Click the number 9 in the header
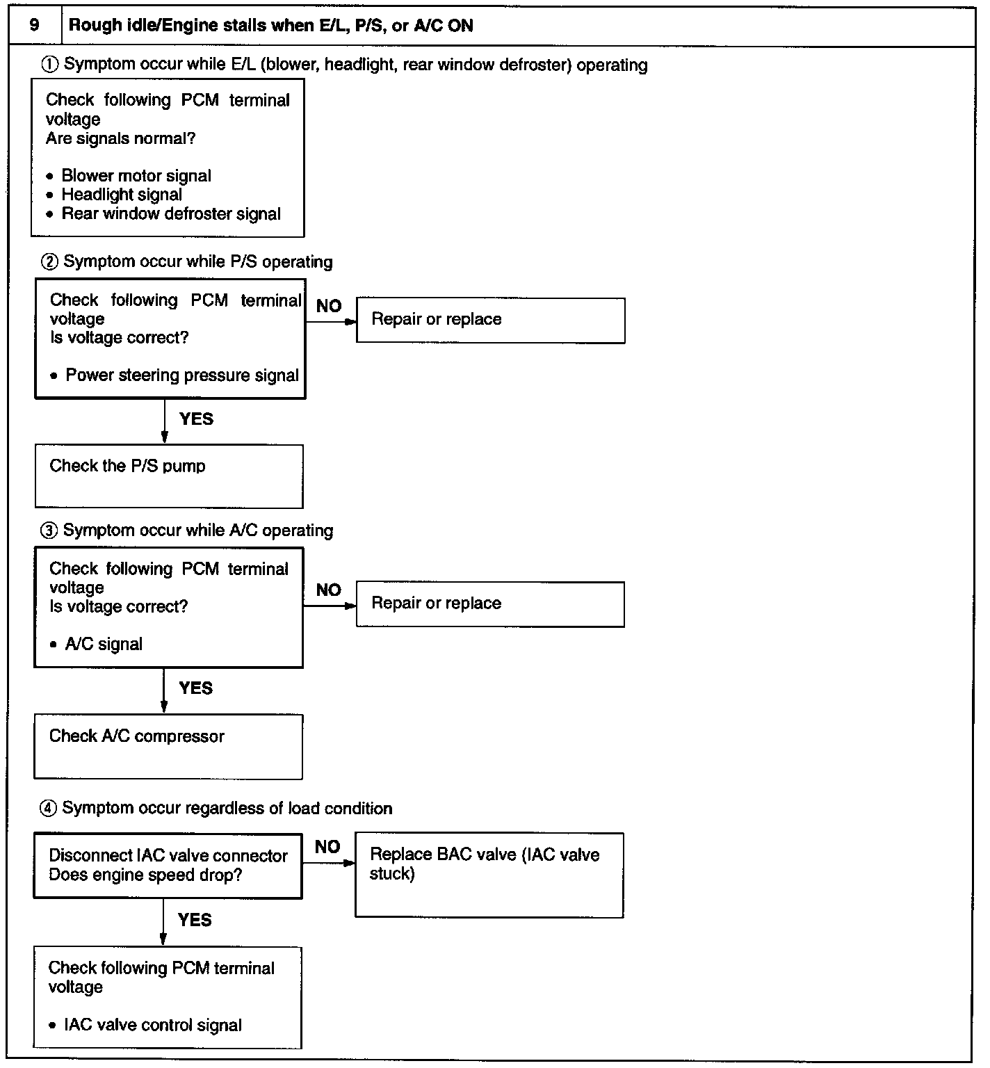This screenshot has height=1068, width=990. pos(34,26)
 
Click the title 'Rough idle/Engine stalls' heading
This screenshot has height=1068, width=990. pos(270,26)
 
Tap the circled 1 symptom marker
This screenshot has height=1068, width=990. pos(50,65)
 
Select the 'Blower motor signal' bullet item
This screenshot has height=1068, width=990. pos(136,176)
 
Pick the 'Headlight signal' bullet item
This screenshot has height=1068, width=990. pos(122,195)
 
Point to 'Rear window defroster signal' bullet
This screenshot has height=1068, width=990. pos(170,213)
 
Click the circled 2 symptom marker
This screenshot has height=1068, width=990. pos(50,262)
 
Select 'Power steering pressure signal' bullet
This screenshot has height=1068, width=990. pos(181,375)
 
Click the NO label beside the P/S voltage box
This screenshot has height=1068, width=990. pos(329,306)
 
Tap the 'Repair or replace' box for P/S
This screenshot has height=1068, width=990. pos(490,320)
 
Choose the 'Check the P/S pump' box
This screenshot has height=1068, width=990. pos(169,476)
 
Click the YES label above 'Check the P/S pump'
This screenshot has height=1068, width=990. pos(196,419)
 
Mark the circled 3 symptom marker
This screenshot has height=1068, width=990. pos(49,531)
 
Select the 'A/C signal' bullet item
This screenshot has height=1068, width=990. pos(104,645)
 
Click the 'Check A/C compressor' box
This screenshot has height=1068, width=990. pos(168,746)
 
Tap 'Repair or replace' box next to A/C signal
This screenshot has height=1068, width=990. pos(490,604)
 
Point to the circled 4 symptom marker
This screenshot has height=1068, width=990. pos(49,809)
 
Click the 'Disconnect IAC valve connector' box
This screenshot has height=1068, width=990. pos(168,866)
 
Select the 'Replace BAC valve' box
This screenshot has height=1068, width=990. pos(489,875)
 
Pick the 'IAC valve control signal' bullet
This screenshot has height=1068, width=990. pos(152,1025)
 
